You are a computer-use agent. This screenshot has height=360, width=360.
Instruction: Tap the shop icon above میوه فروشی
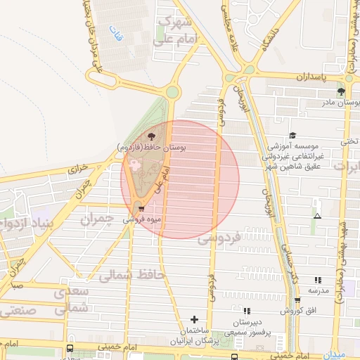[x=143, y=209]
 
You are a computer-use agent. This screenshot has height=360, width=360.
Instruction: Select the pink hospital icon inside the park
[x=134, y=164]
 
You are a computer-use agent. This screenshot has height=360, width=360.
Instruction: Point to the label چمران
[x=96, y=219]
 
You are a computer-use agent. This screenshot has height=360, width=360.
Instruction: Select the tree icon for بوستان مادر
[x=341, y=91]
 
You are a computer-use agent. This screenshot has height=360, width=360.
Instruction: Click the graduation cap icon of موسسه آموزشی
[x=292, y=136]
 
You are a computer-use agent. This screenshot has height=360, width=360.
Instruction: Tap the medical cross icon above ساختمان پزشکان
[x=205, y=320]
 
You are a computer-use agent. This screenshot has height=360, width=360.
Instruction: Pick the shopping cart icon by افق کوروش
[x=298, y=300]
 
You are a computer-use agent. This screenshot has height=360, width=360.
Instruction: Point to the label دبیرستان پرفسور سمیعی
[x=246, y=325]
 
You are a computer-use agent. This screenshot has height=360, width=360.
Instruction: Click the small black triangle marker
[x=317, y=216]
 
